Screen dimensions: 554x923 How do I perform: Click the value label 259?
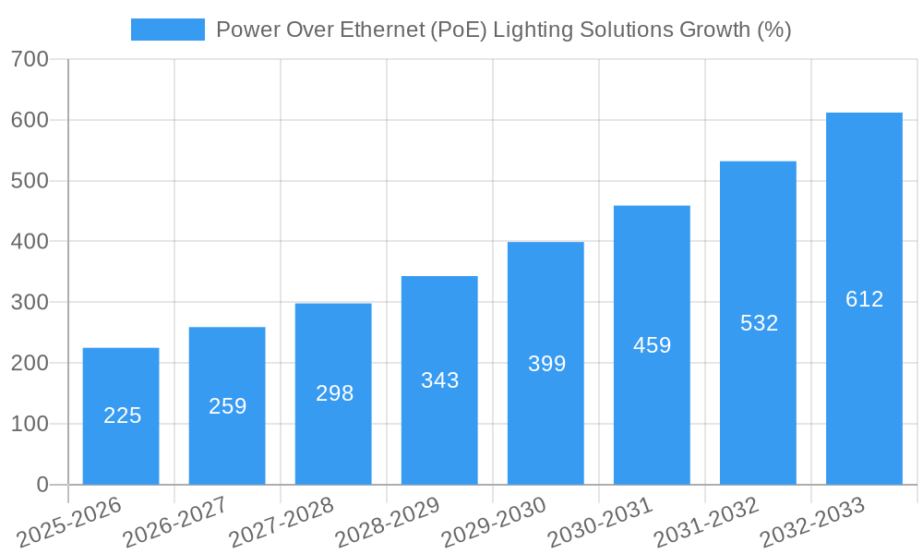click(x=227, y=406)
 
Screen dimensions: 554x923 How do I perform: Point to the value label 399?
click(x=546, y=364)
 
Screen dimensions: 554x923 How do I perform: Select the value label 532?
click(x=759, y=323)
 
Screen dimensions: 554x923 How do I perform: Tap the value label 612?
click(x=864, y=299)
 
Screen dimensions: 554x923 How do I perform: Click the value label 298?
click(x=334, y=393)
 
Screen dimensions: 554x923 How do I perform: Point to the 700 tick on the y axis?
click(x=30, y=59)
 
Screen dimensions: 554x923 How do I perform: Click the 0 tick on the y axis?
click(x=42, y=485)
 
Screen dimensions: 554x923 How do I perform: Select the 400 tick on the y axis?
click(x=30, y=242)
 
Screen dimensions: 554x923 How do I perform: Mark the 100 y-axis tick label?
click(x=30, y=424)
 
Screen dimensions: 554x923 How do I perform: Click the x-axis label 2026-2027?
click(x=174, y=524)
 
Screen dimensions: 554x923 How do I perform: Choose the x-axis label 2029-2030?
click(x=493, y=524)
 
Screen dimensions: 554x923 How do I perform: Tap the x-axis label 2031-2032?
click(x=706, y=524)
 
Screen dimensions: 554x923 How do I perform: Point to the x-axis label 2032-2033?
click(x=812, y=524)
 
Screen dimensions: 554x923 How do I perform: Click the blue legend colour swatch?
click(x=168, y=30)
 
